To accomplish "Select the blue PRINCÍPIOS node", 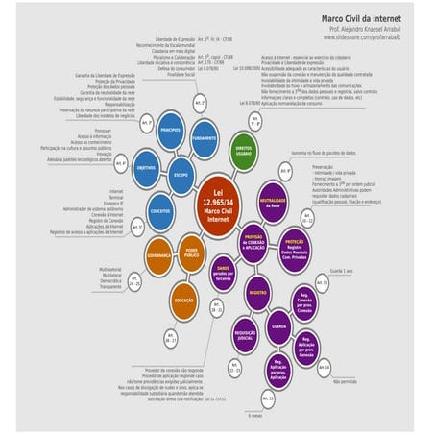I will [171, 130].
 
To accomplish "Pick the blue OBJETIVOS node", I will [147, 167].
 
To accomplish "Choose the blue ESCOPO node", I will [180, 176].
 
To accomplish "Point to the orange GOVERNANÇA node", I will [158, 258].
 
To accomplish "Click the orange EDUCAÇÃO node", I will [184, 301].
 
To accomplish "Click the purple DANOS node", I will [224, 272].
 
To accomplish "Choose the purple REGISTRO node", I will [256, 291].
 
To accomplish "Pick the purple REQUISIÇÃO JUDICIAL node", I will [246, 335].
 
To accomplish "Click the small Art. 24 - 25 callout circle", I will [135, 284].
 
